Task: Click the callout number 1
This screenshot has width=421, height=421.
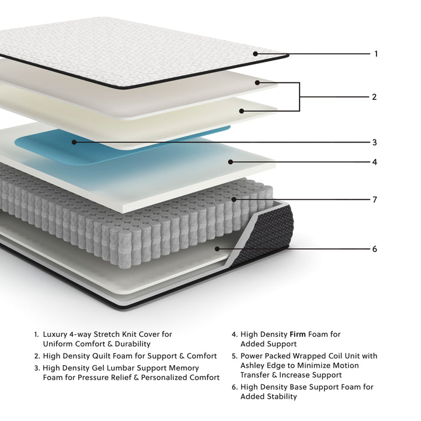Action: [376, 54]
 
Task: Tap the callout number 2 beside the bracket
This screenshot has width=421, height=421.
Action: [374, 97]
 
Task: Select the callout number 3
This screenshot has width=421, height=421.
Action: [374, 143]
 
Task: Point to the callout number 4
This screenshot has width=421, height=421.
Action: [374, 162]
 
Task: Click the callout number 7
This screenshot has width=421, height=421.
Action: [374, 200]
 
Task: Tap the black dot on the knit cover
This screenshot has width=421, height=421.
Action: [256, 54]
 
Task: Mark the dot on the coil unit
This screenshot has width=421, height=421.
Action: [235, 199]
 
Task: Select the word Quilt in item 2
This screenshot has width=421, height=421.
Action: [102, 356]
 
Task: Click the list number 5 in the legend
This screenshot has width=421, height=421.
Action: [234, 356]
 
